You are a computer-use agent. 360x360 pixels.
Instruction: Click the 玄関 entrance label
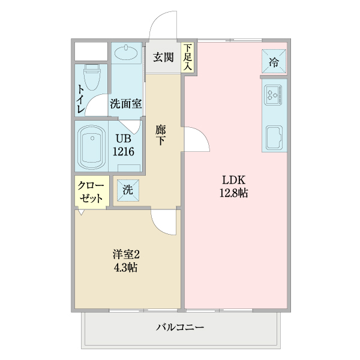click(163, 57)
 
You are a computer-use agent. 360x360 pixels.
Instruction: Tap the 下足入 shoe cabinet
click(187, 57)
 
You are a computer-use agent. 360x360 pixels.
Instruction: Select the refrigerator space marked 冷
click(274, 61)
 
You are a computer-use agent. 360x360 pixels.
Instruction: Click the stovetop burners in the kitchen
click(273, 95)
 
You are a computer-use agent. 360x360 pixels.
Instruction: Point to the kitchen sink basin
click(274, 137)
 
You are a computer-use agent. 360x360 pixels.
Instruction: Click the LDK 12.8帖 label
click(234, 187)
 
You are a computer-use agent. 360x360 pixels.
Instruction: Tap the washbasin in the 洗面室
click(126, 53)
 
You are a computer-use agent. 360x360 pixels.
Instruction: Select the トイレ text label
click(81, 99)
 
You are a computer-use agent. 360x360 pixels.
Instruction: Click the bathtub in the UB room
click(91, 147)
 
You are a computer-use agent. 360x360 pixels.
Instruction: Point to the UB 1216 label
click(124, 145)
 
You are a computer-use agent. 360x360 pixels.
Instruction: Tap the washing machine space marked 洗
click(128, 190)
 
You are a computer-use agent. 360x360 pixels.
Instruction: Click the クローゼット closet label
click(91, 192)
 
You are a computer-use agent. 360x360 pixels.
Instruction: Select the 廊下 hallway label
click(160, 135)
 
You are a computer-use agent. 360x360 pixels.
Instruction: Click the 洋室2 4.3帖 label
click(126, 261)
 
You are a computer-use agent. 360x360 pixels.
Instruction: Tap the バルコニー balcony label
click(180, 327)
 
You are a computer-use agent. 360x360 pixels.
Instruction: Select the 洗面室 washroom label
click(125, 104)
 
